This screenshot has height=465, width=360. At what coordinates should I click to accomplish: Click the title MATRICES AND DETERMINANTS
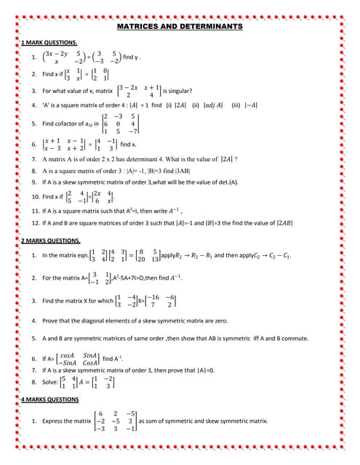[x=180, y=26]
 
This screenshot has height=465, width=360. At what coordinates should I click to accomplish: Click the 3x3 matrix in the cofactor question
[x=119, y=124]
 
